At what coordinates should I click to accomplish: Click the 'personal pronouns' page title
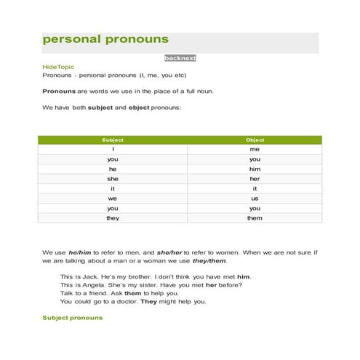(x=105, y=39)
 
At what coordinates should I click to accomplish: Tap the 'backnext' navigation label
(x=180, y=58)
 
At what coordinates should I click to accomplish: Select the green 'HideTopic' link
(x=58, y=67)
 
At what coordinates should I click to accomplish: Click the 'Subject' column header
(x=113, y=140)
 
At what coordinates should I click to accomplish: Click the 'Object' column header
(x=255, y=140)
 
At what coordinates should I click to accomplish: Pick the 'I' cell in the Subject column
(x=113, y=149)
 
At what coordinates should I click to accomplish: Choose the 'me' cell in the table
(x=255, y=149)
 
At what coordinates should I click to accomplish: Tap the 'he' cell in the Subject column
(x=113, y=169)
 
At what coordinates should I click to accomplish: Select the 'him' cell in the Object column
(x=255, y=169)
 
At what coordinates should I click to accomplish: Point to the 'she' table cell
(x=113, y=179)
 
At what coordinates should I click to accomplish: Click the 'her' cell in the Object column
(x=255, y=179)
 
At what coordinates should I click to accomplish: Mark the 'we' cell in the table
(x=113, y=199)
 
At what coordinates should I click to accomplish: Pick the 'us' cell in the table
(x=255, y=199)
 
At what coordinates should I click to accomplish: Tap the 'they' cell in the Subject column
(x=113, y=218)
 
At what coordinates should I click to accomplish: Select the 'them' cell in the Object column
(x=255, y=218)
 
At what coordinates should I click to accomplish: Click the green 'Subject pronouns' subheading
(x=73, y=318)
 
